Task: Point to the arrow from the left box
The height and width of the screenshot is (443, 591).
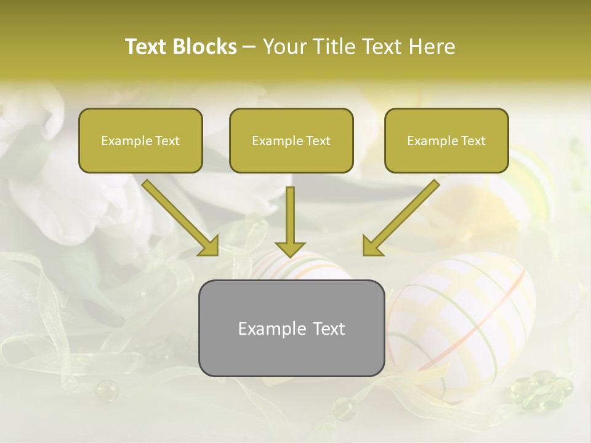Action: pos(179,216)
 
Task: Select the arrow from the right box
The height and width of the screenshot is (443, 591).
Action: pos(403,216)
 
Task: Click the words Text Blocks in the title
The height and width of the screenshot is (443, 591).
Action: pos(180,47)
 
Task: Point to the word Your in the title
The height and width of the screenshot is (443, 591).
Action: pos(285,47)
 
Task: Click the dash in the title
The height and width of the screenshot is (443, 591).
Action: pos(249,47)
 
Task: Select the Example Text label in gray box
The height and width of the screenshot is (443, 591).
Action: pos(291,329)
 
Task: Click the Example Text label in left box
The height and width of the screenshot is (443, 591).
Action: pos(140,141)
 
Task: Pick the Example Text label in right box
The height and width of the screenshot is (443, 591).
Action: pos(446,141)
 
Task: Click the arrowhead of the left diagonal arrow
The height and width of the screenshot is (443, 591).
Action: pos(209,245)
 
